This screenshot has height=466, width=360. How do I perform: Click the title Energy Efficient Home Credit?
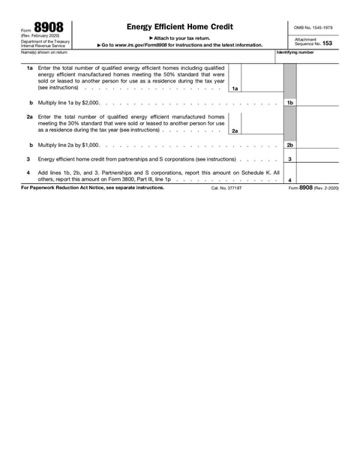click(x=179, y=26)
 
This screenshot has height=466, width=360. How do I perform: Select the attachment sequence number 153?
click(x=326, y=44)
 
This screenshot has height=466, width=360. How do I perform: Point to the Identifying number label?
click(x=295, y=53)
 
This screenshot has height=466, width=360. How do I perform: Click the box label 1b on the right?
click(x=289, y=101)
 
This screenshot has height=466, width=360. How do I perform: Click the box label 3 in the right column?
click(x=289, y=159)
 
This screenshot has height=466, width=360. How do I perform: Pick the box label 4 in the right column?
click(x=289, y=180)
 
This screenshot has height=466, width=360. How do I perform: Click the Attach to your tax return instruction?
click(x=179, y=38)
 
